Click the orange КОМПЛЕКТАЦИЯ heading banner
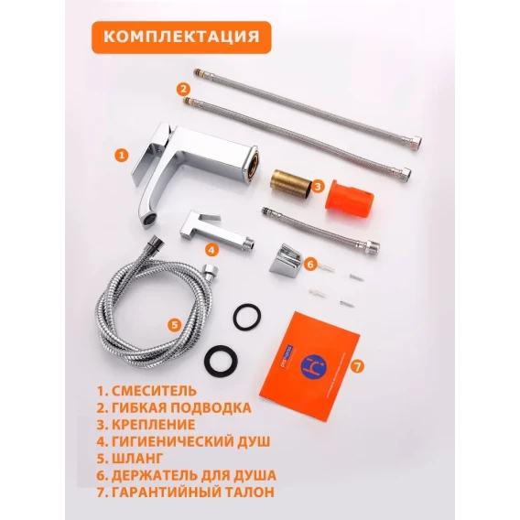181,38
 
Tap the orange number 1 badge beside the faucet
122,156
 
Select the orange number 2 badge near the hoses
183,89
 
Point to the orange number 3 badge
318,186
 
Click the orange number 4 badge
211,249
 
